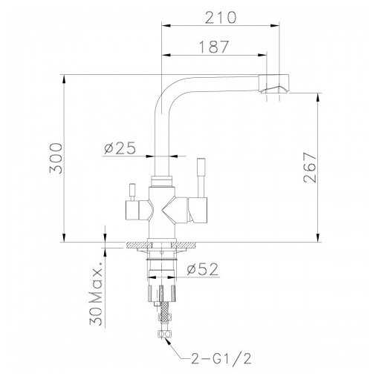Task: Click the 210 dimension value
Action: click(x=221, y=18)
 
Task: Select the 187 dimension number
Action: click(x=214, y=47)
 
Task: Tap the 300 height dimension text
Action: click(x=56, y=158)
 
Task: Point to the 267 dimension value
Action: click(x=310, y=168)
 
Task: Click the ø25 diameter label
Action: click(x=120, y=148)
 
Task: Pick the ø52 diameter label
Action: click(x=203, y=269)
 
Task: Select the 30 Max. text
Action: click(x=96, y=297)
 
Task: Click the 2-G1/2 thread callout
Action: click(x=221, y=358)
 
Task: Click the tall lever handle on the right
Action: click(x=201, y=178)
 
